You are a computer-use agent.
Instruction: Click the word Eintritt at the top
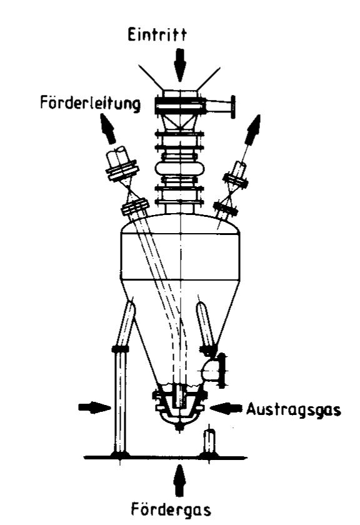157,35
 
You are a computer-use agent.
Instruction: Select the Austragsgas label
293,409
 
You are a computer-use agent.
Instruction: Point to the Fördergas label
171,510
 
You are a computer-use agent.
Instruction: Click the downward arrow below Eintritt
180,64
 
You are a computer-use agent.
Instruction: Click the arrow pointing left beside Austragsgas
226,407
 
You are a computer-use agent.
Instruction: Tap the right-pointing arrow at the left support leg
94,407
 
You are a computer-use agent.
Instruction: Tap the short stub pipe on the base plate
210,441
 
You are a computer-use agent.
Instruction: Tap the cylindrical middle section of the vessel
180,256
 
